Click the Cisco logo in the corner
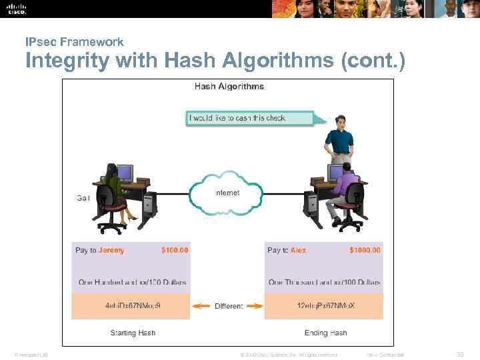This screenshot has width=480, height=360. [17, 9]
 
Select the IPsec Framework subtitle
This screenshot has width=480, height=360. [74, 42]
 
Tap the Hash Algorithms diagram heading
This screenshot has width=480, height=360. [229, 87]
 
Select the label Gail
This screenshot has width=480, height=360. [83, 198]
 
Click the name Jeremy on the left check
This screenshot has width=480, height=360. [111, 251]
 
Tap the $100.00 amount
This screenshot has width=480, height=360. [175, 251]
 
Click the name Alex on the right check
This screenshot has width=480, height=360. [298, 251]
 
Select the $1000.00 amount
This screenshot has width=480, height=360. [365, 251]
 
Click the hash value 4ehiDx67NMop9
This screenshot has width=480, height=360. [133, 306]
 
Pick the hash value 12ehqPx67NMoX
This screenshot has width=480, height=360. [325, 306]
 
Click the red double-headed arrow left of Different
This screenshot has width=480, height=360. [201, 307]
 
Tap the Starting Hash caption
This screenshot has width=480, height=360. [133, 333]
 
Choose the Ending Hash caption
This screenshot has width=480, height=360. [325, 333]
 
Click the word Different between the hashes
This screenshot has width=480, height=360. [229, 307]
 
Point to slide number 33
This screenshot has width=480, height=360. [459, 355]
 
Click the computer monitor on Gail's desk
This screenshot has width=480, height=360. [125, 173]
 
